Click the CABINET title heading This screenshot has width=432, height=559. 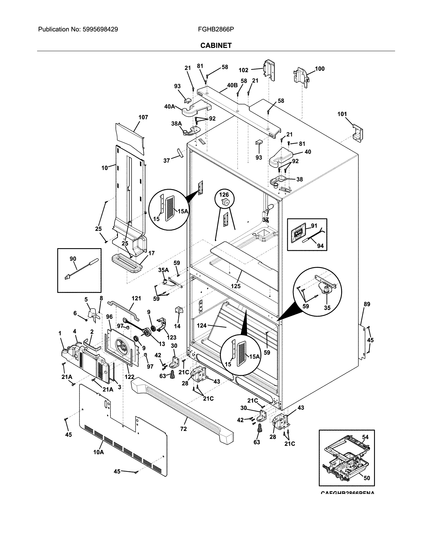point(216,46)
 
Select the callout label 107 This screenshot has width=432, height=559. point(143,117)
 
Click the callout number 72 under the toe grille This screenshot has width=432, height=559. point(183,429)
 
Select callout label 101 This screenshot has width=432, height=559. point(342,114)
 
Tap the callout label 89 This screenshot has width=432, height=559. point(367,304)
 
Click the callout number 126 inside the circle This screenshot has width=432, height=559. point(224,195)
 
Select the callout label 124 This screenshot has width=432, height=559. point(202,326)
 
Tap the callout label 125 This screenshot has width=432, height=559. point(236,286)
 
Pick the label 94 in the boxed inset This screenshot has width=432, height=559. point(320,246)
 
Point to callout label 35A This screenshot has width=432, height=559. point(163,270)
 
